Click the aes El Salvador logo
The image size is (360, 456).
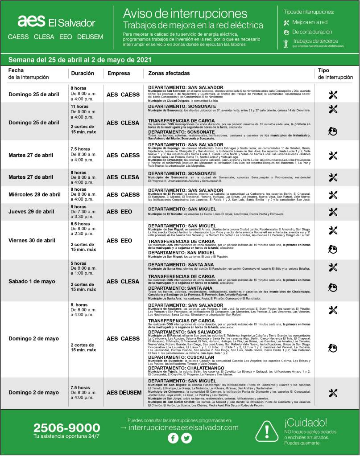click(x=56, y=21)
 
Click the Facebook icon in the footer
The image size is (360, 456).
click(x=173, y=438)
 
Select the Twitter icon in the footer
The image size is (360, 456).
click(x=186, y=438)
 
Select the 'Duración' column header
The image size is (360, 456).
click(x=83, y=73)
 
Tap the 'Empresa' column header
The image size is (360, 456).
click(x=119, y=73)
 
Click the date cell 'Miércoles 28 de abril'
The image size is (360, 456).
click(x=35, y=194)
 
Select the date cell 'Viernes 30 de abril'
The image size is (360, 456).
click(x=32, y=240)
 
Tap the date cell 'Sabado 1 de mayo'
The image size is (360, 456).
click(x=32, y=281)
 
